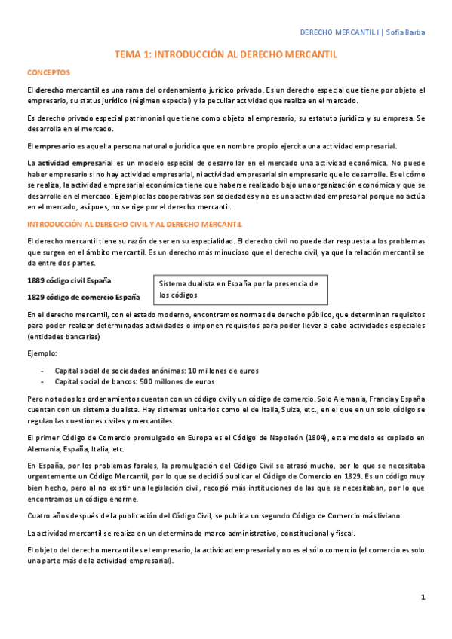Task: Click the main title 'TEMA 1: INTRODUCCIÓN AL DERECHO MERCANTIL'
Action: (x=226, y=55)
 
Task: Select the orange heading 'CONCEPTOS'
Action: (x=48, y=72)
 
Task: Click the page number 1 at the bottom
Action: (x=423, y=598)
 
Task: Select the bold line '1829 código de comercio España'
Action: (x=83, y=297)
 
